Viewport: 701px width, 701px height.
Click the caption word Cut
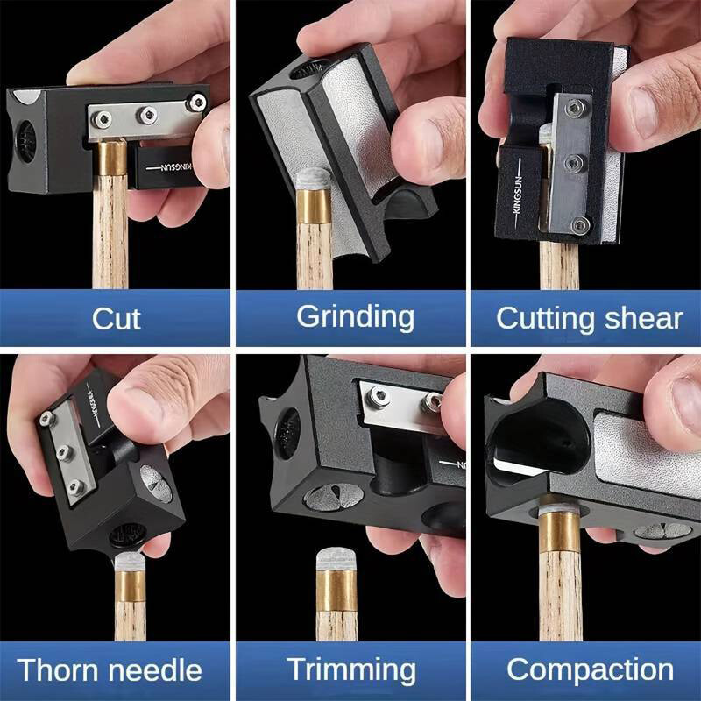(116, 317)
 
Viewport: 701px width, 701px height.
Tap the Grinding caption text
(355, 316)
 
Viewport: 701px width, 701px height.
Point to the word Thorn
(56, 670)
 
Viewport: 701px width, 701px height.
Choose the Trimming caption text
(351, 670)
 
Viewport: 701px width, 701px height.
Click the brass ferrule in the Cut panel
(110, 162)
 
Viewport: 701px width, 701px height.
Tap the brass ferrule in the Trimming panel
(336, 592)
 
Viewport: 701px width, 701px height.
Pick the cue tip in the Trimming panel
(337, 558)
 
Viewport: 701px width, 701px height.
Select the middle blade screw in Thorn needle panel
(64, 452)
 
